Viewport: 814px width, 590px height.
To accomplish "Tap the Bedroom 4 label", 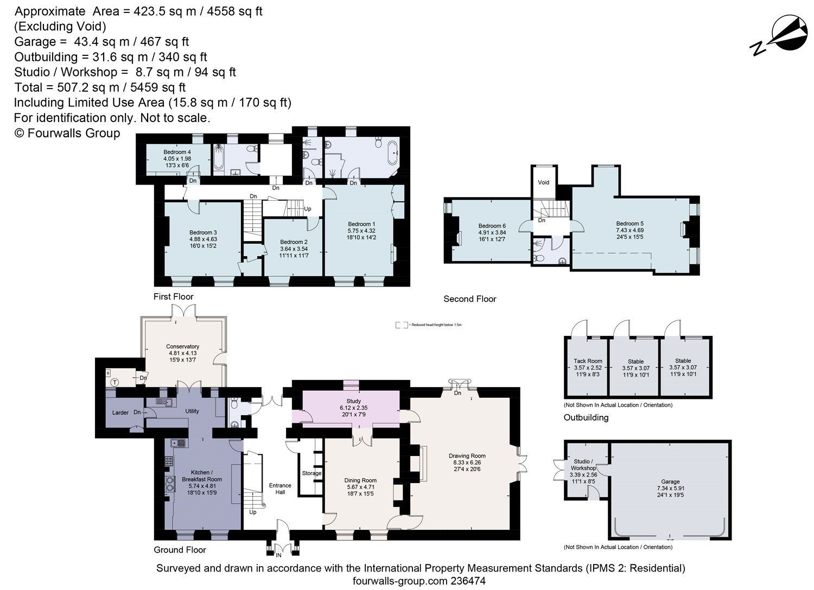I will (x=177, y=152).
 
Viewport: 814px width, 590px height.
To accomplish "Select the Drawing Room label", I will (x=467, y=456).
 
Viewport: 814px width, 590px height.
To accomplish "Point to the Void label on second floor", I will (x=544, y=182).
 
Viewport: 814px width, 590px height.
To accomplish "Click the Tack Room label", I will (x=588, y=361).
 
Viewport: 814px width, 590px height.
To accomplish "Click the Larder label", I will (x=120, y=413).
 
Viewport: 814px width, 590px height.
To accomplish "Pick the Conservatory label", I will (x=182, y=346).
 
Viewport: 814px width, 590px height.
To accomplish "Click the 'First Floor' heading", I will (x=173, y=296).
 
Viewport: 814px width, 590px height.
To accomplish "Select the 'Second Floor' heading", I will (x=469, y=299).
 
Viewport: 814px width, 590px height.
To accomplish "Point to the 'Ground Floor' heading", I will (x=180, y=550).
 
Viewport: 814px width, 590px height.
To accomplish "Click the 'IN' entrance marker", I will (x=278, y=555).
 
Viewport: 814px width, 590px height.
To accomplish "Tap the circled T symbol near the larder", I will (x=115, y=382).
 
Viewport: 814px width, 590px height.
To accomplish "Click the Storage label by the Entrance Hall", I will (x=311, y=473).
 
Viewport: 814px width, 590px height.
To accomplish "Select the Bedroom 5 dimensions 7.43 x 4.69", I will (x=629, y=230).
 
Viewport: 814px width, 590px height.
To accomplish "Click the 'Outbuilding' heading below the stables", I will (x=586, y=417).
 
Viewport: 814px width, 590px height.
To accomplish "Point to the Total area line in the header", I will (x=100, y=87).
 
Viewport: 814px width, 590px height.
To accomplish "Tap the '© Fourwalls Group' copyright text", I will (x=67, y=133).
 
